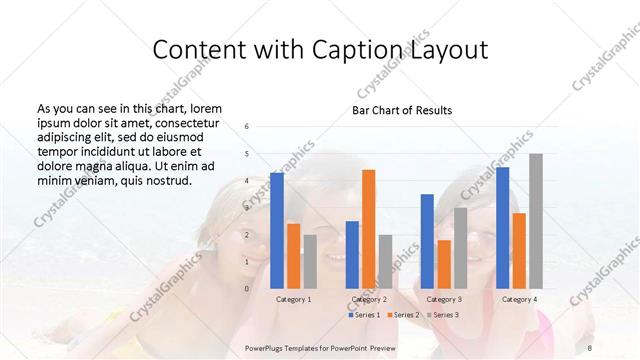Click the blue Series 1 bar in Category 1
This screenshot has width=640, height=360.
coord(277,230)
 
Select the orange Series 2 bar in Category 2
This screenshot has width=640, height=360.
coord(368,229)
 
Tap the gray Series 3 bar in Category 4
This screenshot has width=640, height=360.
coord(536,221)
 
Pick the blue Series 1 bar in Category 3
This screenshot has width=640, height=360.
coord(427,241)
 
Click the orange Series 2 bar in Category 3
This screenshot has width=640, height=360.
coord(444,264)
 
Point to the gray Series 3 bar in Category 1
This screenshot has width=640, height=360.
coord(310,261)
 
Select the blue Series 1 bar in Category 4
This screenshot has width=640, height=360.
coord(502,227)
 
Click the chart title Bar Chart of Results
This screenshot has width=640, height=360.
coord(402,110)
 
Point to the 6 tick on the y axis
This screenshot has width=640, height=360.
coord(248,127)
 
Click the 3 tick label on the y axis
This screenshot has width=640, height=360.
coord(248,208)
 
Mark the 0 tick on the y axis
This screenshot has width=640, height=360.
coord(248,289)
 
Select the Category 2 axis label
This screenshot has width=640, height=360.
coord(369,299)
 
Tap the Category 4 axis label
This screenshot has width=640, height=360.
coord(519,299)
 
